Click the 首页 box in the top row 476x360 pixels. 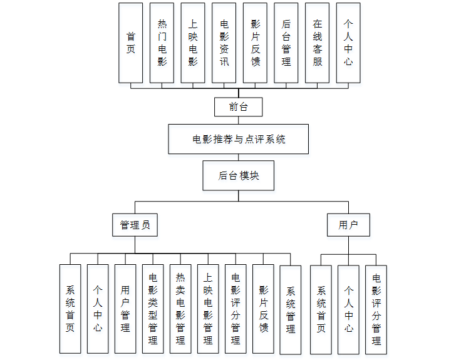[x=131, y=43]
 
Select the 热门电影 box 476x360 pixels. [x=162, y=43]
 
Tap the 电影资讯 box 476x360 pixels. [x=224, y=43]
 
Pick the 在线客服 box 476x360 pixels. [x=318, y=43]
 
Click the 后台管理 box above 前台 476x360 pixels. [x=286, y=43]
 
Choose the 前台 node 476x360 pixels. [x=238, y=107]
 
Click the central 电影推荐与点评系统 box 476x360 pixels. [x=239, y=139]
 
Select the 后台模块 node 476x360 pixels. [x=239, y=176]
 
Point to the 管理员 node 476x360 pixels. [x=135, y=225]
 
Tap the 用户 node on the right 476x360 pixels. [x=348, y=225]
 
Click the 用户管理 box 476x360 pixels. [x=125, y=308]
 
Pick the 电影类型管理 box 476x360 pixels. [x=153, y=308]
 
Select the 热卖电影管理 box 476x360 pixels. [x=180, y=308]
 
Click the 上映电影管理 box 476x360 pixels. [x=208, y=308]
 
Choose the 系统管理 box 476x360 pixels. [x=291, y=309]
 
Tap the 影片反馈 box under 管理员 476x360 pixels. [x=263, y=308]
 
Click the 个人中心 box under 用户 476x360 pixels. [x=348, y=309]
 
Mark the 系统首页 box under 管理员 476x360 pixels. [x=70, y=308]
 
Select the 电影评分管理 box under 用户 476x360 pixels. [x=376, y=309]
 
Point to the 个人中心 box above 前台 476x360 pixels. [x=348, y=43]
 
